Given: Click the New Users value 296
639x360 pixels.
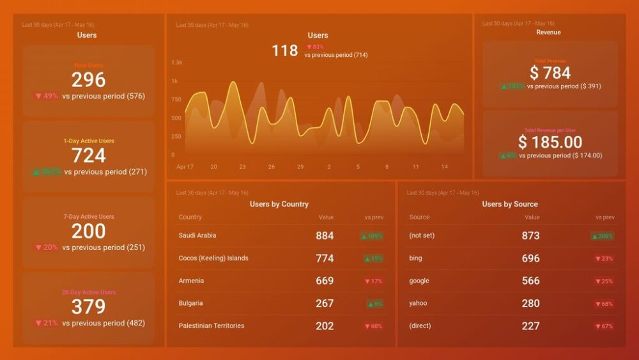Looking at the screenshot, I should [x=88, y=80].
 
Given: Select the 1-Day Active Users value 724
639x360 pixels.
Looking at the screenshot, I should [x=88, y=155].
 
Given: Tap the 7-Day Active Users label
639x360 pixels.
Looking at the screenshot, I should [x=88, y=217].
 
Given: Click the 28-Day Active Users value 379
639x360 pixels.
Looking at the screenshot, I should [x=88, y=307].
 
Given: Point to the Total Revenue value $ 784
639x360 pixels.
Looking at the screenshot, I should [x=550, y=73].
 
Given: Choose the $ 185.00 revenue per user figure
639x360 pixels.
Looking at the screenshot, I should [x=550, y=142].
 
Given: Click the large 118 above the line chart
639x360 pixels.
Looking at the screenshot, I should [x=285, y=51].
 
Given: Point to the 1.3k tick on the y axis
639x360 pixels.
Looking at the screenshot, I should [x=177, y=63].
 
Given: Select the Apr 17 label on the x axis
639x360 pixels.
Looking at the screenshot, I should [x=185, y=167].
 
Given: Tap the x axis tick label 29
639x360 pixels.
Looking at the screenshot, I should [x=300, y=167].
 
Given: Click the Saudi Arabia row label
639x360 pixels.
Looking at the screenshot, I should [x=197, y=235].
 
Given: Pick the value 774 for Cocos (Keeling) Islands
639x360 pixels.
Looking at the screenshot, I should [x=325, y=258].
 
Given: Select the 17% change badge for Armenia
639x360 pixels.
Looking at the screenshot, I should [x=373, y=281].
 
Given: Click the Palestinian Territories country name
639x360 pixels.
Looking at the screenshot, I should [x=212, y=325].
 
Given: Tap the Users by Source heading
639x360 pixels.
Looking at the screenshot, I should [x=510, y=204].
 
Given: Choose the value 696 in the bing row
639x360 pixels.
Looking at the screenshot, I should [x=530, y=258].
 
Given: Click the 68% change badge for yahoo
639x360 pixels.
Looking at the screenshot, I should [x=604, y=304].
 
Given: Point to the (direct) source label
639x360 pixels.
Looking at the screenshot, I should [x=420, y=325].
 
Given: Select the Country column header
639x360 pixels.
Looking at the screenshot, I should [x=190, y=217].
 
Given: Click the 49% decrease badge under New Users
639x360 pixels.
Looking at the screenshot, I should [x=47, y=97].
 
